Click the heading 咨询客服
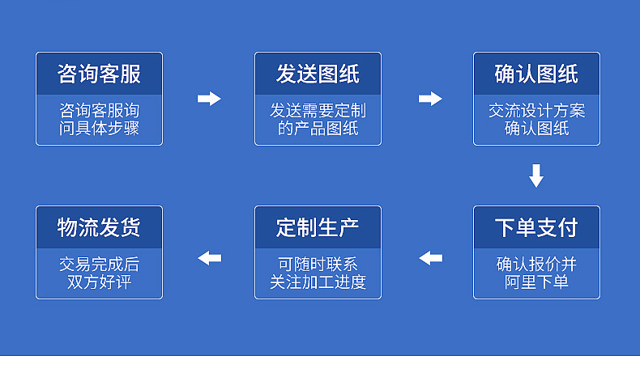[99, 74]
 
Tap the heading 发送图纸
[318, 74]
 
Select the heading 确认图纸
[536, 74]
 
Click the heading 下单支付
[536, 227]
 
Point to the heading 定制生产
[318, 227]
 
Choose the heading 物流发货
[99, 227]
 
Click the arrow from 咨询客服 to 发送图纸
[209, 99]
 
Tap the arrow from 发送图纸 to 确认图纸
[430, 99]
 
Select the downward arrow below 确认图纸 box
[536, 176]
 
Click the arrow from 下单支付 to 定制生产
[431, 258]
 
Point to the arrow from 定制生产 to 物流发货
[210, 258]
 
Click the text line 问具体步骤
[99, 128]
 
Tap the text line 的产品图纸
[318, 128]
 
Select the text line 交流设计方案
[536, 110]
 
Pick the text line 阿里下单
[536, 282]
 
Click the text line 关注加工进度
[318, 282]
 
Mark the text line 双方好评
[99, 282]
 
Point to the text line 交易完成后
[99, 264]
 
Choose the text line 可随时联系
[318, 264]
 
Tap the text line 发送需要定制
[318, 110]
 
